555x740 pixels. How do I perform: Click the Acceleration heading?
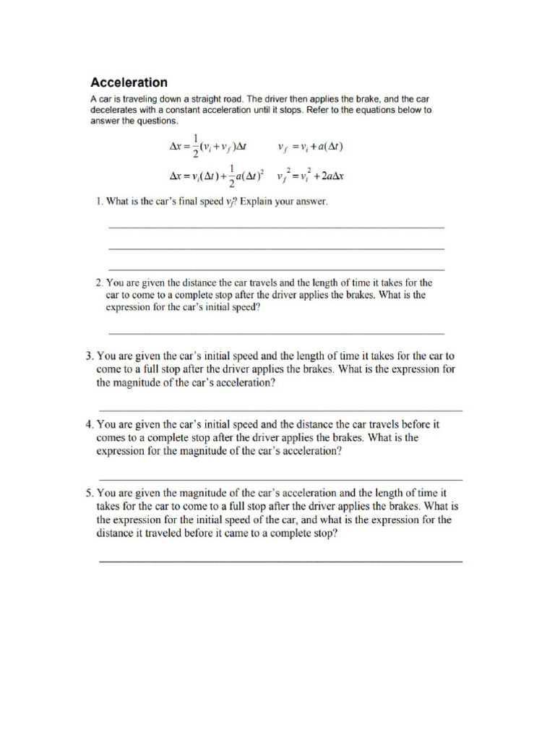128,82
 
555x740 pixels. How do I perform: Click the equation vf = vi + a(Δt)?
310,148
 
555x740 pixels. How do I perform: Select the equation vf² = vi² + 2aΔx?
310,174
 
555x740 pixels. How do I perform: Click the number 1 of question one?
98,202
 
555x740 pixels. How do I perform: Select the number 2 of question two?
99,283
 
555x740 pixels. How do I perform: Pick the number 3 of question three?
88,356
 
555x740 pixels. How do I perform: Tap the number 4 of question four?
88,426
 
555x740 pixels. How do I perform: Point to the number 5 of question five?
88,493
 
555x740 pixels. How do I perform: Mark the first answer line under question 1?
276,228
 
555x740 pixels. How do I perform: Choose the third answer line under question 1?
276,269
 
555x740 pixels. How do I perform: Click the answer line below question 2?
276,333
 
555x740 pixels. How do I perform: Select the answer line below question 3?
280,410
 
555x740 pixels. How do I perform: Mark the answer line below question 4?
280,479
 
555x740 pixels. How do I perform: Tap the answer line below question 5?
280,561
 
